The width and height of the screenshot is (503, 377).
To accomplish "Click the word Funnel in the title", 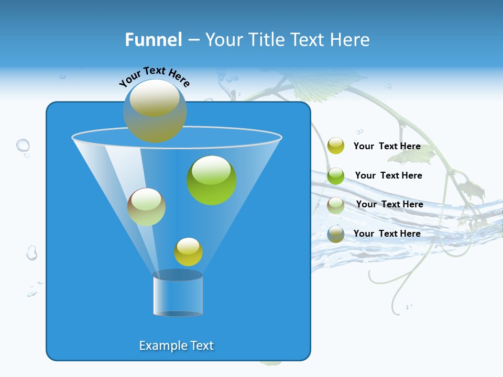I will pyautogui.click(x=154, y=40).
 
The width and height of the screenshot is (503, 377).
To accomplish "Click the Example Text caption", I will pyautogui.click(x=177, y=346).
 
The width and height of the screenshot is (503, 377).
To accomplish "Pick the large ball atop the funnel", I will pyautogui.click(x=155, y=111).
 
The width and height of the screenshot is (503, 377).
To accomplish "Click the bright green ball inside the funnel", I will pyautogui.click(x=212, y=180).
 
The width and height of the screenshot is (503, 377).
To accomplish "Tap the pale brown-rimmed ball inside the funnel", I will pyautogui.click(x=146, y=207).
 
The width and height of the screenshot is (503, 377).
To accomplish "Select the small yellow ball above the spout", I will pyautogui.click(x=188, y=252).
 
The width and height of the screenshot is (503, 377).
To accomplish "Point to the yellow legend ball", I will pyautogui.click(x=336, y=146).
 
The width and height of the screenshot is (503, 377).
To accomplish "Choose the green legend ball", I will pyautogui.click(x=336, y=175).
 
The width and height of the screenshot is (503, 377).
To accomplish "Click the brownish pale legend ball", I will pyautogui.click(x=336, y=205).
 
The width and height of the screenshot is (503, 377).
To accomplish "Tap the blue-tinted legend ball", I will pyautogui.click(x=336, y=234).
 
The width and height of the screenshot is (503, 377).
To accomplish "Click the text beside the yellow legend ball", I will pyautogui.click(x=387, y=147).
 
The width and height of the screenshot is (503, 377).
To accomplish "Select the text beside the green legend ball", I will pyautogui.click(x=388, y=176).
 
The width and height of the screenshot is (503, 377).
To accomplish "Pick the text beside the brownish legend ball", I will pyautogui.click(x=389, y=205).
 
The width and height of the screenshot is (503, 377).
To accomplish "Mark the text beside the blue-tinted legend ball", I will pyautogui.click(x=387, y=234).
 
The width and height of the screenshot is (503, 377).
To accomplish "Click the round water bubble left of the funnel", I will pyautogui.click(x=23, y=145).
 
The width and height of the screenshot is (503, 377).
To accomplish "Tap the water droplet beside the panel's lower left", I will pyautogui.click(x=32, y=253).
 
